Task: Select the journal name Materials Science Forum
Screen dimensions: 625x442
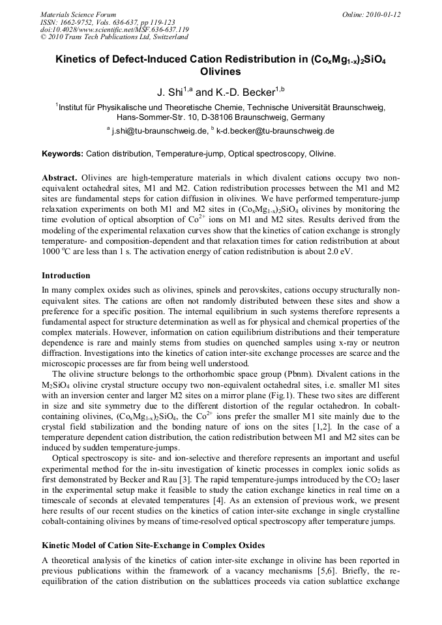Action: pyautogui.click(x=78, y=14)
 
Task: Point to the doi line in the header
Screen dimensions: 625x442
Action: pyautogui.click(x=115, y=29)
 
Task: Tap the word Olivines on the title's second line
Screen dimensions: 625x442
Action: pyautogui.click(x=220, y=72)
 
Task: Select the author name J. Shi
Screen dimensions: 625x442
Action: pyautogui.click(x=168, y=92)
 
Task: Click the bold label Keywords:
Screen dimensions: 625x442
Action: pyautogui.click(x=63, y=154)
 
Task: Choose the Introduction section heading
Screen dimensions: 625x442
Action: pyautogui.click(x=66, y=276)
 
